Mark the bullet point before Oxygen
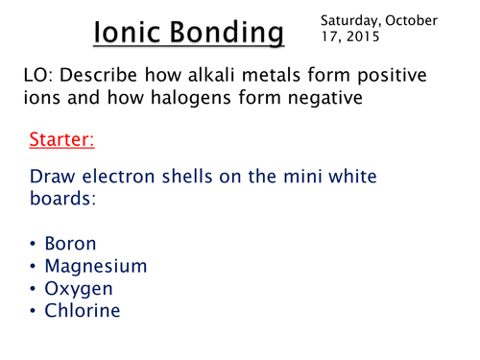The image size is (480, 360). pyautogui.click(x=36, y=289)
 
